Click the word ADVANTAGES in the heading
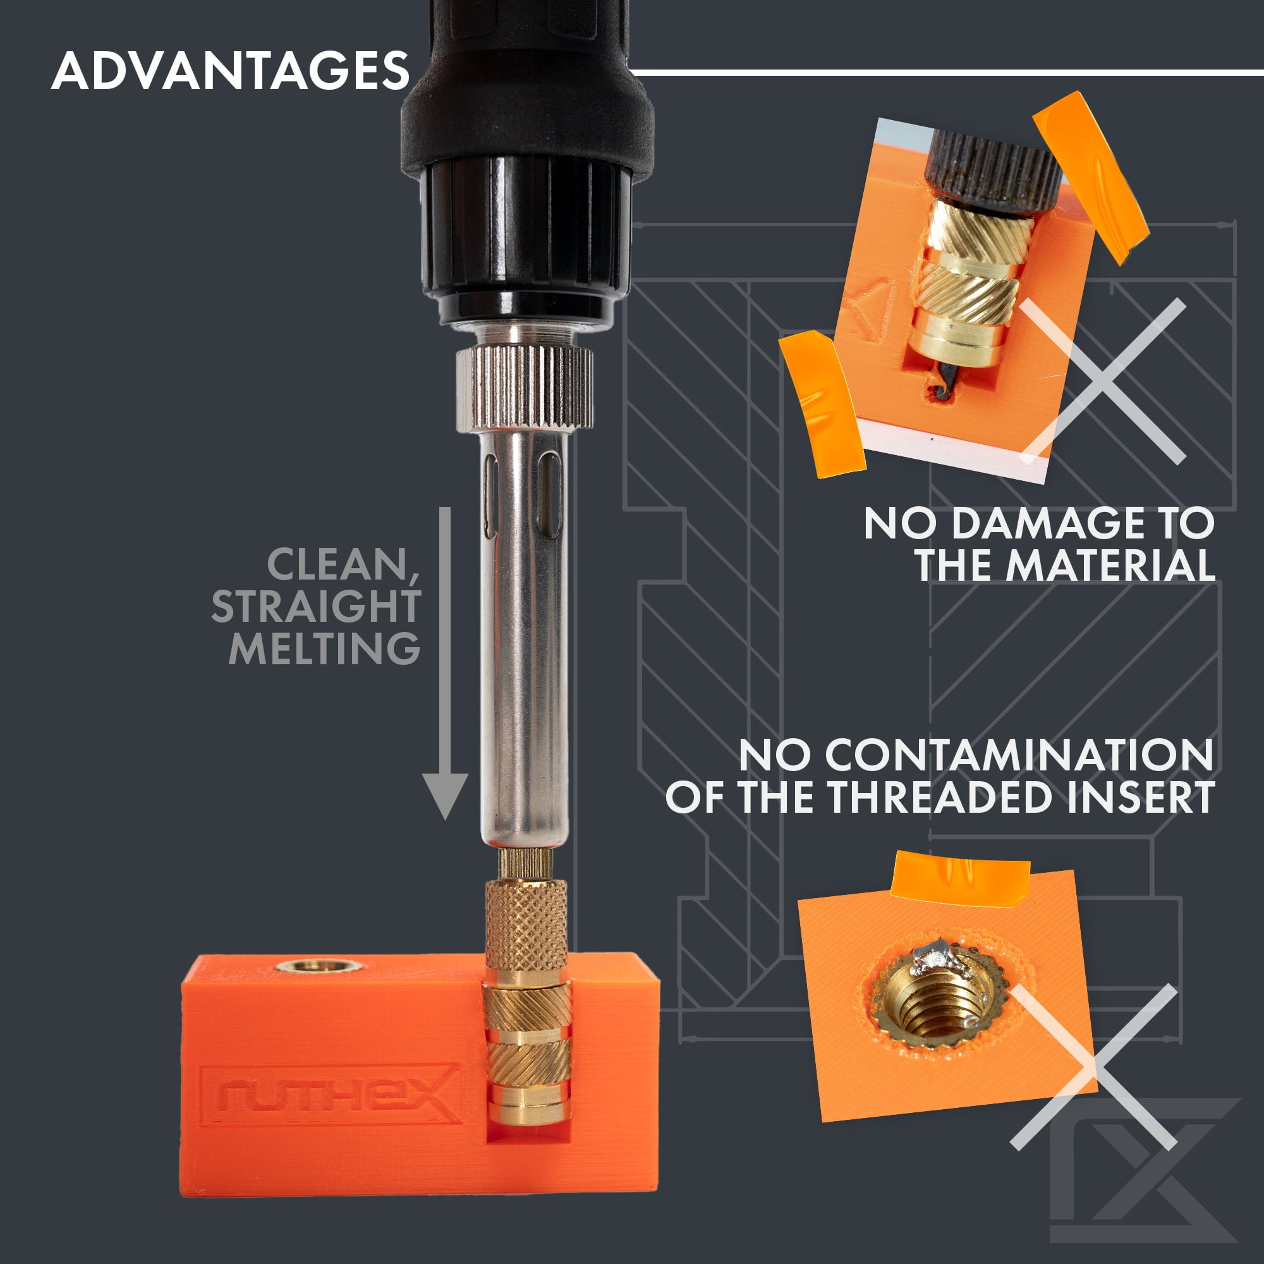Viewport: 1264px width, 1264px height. point(230,71)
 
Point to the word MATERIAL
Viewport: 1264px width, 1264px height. point(1111,564)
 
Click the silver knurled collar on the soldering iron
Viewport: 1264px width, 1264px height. point(524,388)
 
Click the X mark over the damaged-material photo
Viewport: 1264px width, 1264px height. point(1102,382)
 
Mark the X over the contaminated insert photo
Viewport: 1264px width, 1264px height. point(1094,1068)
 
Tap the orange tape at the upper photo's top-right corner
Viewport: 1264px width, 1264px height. point(1090,177)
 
